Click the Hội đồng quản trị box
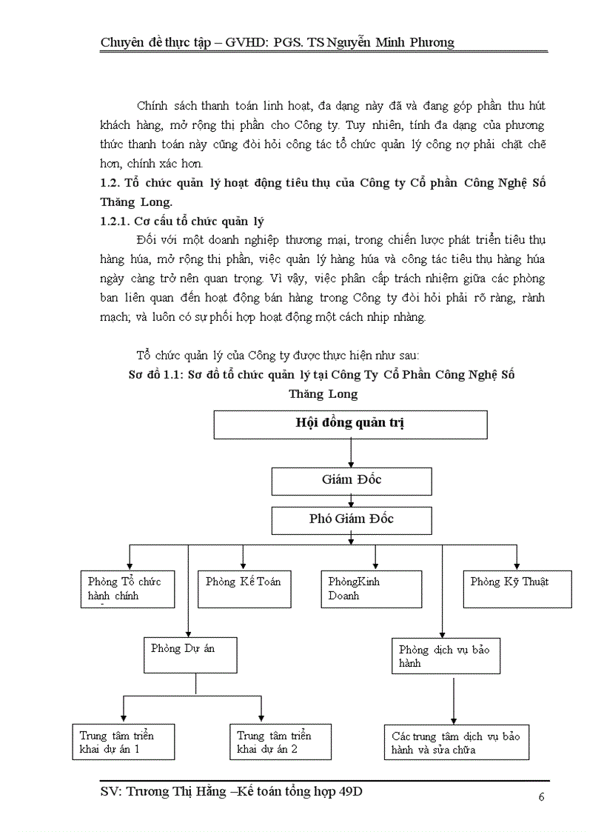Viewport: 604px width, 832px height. click(x=350, y=425)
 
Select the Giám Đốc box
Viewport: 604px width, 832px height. click(x=352, y=480)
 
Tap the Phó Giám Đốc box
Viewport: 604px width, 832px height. click(x=352, y=519)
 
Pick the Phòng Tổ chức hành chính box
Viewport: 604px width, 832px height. click(x=127, y=589)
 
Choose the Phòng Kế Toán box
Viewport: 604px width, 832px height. click(x=244, y=589)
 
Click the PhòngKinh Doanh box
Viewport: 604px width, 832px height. click(x=371, y=589)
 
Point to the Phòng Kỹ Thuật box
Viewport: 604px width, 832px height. click(x=517, y=589)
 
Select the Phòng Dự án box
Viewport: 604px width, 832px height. click(x=190, y=653)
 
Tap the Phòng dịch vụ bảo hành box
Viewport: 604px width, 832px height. click(x=446, y=655)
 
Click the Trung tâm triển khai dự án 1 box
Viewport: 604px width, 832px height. click(x=123, y=742)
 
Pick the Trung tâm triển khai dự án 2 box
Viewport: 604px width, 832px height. click(x=279, y=742)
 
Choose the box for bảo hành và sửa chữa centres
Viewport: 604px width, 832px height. click(x=456, y=742)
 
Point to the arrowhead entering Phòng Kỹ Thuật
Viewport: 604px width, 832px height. click(x=517, y=566)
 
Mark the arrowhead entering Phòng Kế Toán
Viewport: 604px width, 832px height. click(x=243, y=566)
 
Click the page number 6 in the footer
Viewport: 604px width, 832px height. click(x=541, y=797)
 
